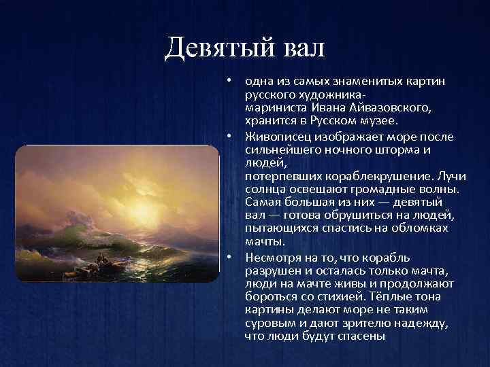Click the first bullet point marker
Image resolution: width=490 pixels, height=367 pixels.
click(x=231, y=80)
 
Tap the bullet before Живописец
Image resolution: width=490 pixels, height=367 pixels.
click(x=231, y=136)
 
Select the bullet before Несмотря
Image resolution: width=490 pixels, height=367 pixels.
click(x=231, y=257)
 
